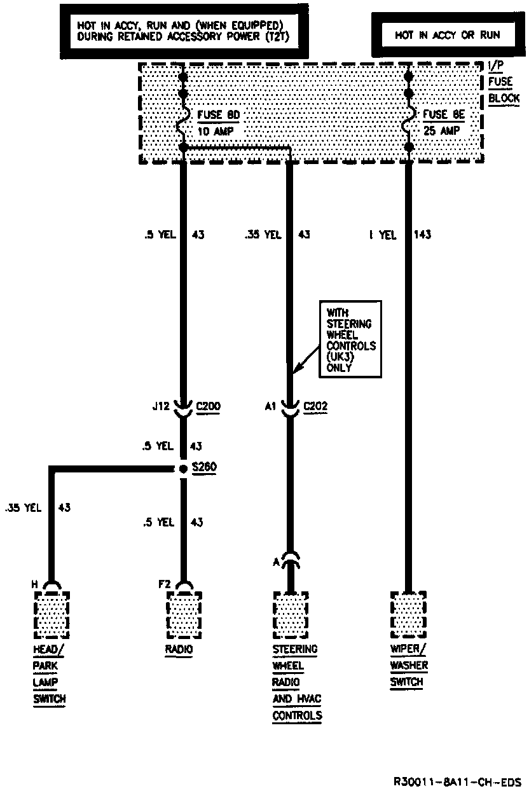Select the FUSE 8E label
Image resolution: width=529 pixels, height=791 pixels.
click(444, 115)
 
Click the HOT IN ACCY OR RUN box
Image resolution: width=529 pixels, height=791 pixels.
click(447, 36)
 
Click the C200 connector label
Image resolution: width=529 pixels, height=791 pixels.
click(209, 406)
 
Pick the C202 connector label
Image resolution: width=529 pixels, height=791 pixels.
click(317, 406)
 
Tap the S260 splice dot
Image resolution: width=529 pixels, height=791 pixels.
click(183, 469)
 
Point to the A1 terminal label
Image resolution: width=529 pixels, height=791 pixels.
click(270, 406)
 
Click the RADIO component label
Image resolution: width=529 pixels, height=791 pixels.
click(179, 650)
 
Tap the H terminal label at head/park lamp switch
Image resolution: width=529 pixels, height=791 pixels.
click(36, 582)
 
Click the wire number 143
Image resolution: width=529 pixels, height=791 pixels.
click(422, 235)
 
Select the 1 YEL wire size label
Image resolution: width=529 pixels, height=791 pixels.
click(383, 235)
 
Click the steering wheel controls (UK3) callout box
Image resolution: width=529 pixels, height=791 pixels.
click(350, 340)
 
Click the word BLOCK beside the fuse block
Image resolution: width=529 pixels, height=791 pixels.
click(504, 99)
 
